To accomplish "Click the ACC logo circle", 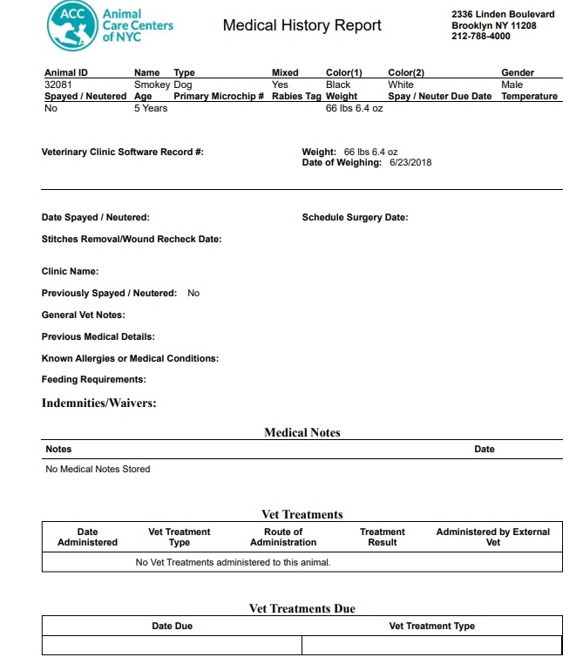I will [x=72, y=25].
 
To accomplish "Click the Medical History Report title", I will [x=302, y=25].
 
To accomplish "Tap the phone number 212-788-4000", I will [x=481, y=37].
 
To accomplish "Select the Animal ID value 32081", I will [x=58, y=85].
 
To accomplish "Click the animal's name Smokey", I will [x=152, y=85].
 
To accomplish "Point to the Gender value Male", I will [x=512, y=85].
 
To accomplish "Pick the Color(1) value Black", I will [x=338, y=85].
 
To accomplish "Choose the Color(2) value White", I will [x=401, y=85].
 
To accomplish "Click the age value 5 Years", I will [x=150, y=109].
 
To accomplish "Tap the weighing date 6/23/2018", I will [x=411, y=162].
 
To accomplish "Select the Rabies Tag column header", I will [x=296, y=97].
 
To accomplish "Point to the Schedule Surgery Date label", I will [x=355, y=218].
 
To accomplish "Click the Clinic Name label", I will [x=70, y=271].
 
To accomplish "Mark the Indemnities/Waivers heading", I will [x=99, y=403].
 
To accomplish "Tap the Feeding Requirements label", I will [x=94, y=380].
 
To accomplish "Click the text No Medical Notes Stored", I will [x=98, y=469].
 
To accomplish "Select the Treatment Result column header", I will [x=382, y=537].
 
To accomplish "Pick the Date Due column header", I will [x=172, y=626].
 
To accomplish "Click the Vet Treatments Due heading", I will [x=302, y=608].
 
